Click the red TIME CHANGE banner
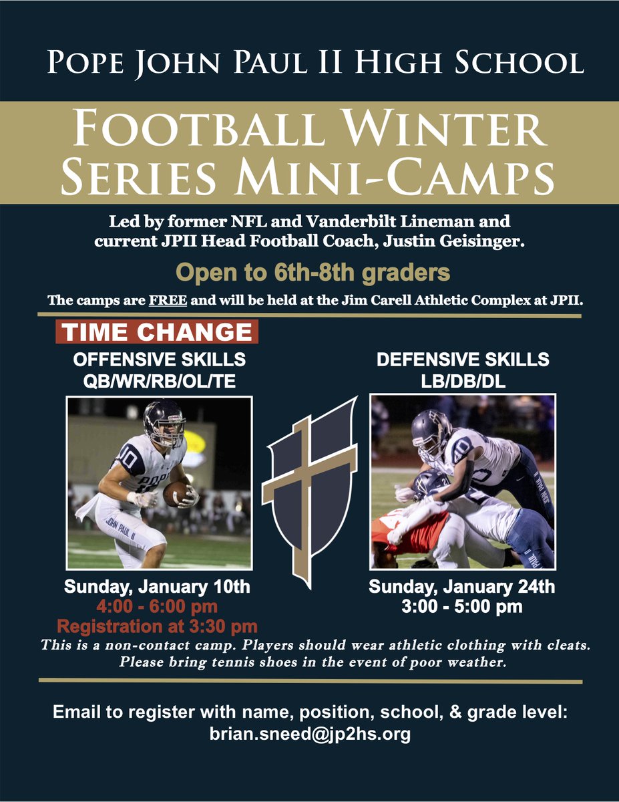[157, 333]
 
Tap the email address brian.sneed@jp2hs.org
[309, 734]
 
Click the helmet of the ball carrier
[164, 422]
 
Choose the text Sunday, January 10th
[157, 588]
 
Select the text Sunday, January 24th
[462, 588]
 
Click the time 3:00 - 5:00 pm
[462, 608]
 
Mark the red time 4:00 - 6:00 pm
[157, 608]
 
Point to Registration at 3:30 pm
[157, 627]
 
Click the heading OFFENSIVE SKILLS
[159, 360]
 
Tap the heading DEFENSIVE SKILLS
[463, 360]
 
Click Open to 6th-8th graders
[312, 273]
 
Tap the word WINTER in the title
[453, 132]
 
